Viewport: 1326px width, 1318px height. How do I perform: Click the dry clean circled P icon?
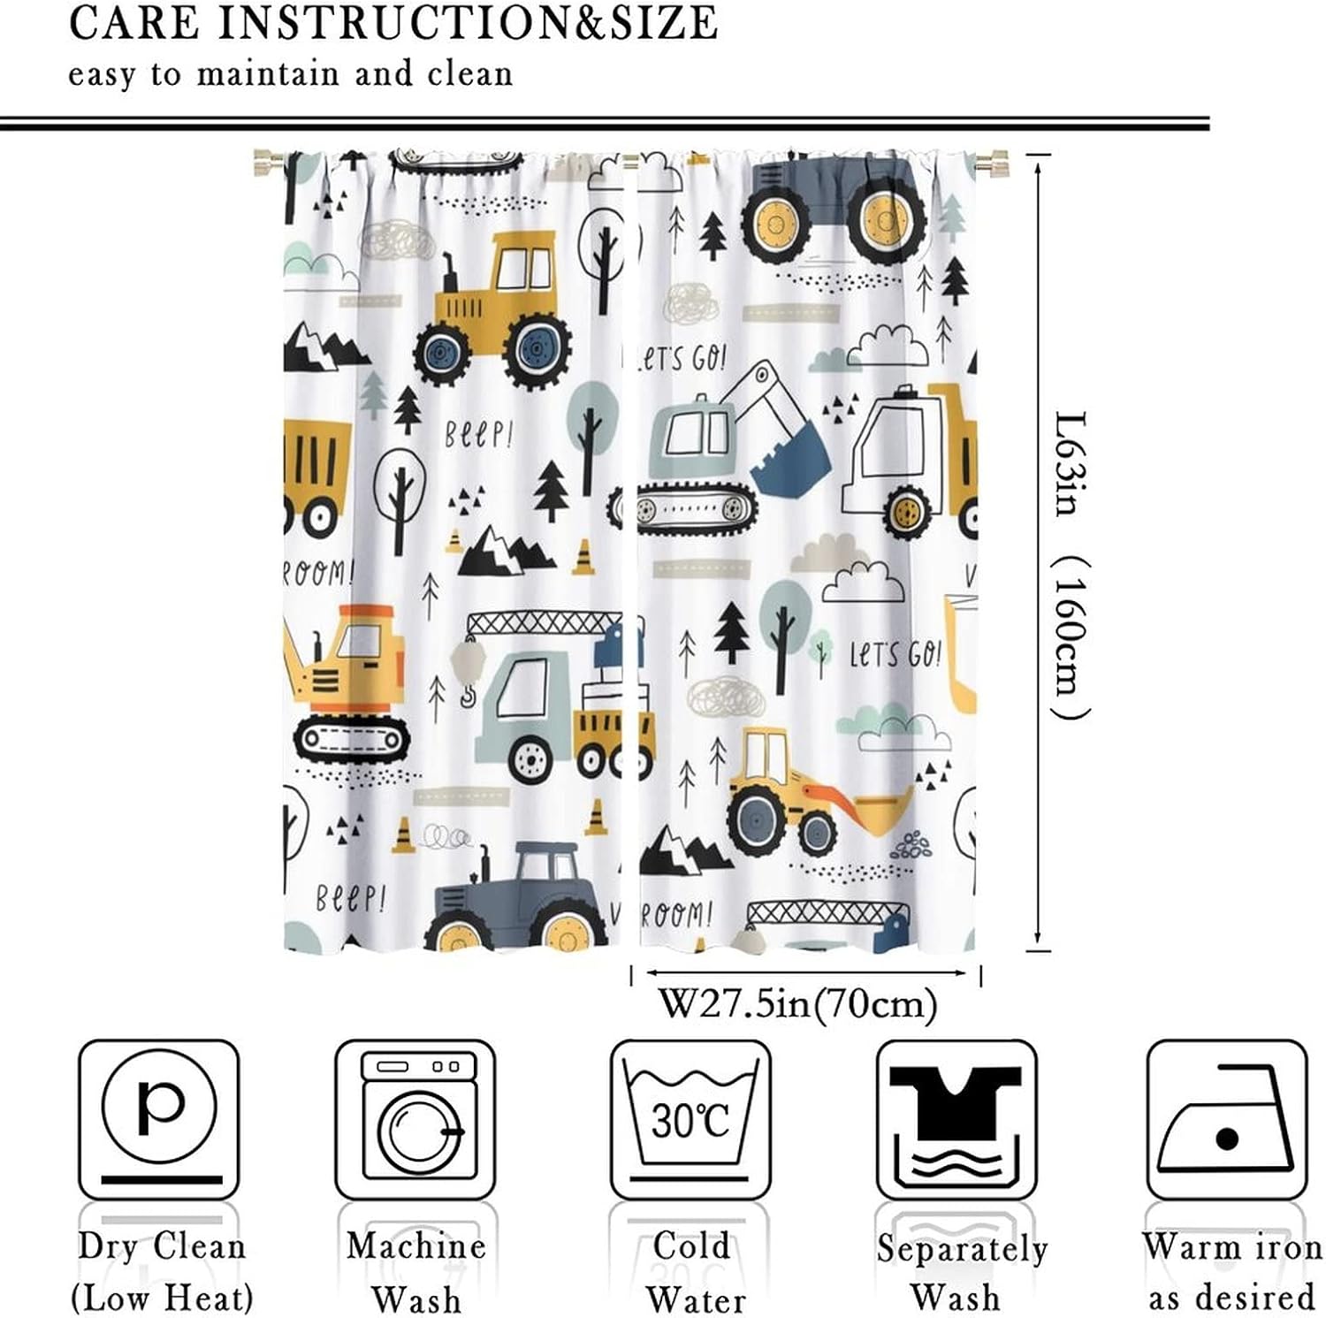(x=159, y=1118)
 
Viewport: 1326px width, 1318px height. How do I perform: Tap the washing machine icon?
(x=415, y=1118)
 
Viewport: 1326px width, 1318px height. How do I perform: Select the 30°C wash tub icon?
(x=690, y=1118)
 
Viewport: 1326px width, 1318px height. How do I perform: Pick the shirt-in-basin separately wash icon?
(x=956, y=1118)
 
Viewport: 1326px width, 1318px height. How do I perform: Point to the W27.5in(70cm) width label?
(x=797, y=1004)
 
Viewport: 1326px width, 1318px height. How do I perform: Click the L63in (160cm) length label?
(x=1071, y=566)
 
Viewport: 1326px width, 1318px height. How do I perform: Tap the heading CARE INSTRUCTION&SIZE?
(x=393, y=24)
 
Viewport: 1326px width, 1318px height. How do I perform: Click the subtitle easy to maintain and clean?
(x=291, y=74)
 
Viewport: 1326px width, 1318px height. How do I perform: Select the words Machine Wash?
(x=415, y=1272)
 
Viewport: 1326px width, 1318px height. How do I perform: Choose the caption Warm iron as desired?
(x=1231, y=1272)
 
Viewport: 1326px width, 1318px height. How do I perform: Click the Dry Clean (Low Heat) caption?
(x=162, y=1272)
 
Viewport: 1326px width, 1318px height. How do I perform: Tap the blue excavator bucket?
(x=791, y=463)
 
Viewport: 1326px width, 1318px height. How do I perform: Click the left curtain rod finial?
(x=266, y=164)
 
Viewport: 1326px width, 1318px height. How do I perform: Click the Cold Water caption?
(x=692, y=1272)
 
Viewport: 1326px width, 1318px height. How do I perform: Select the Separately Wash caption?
(x=961, y=1272)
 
